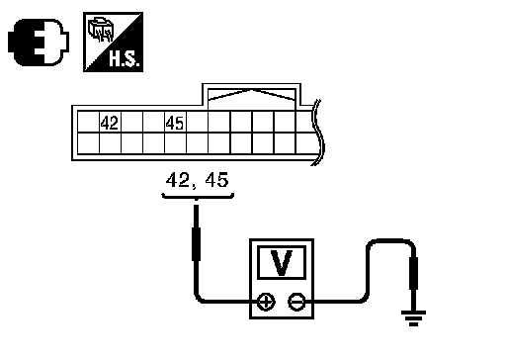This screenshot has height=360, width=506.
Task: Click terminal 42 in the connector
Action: (x=110, y=123)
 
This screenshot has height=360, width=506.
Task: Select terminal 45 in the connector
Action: (x=175, y=123)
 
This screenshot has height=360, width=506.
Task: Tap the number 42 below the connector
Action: (x=178, y=180)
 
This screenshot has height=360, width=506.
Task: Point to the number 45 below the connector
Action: (x=216, y=180)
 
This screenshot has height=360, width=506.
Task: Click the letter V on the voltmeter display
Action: (x=282, y=263)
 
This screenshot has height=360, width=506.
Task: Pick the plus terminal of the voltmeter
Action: (x=266, y=302)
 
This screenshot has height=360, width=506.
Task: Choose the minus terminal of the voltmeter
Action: (x=296, y=302)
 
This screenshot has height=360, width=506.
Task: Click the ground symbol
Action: (x=413, y=317)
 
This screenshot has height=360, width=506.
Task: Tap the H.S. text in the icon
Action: (x=125, y=59)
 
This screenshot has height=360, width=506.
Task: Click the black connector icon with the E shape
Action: (x=39, y=43)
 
